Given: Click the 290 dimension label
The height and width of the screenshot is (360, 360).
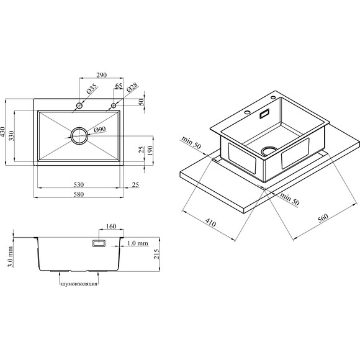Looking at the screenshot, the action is pyautogui.click(x=101, y=75).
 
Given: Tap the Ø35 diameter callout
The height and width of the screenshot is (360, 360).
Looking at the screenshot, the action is pyautogui.click(x=92, y=89).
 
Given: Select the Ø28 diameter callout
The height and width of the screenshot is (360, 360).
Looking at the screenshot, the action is pyautogui.click(x=132, y=88).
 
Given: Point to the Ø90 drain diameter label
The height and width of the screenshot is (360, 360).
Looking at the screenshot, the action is pyautogui.click(x=100, y=130).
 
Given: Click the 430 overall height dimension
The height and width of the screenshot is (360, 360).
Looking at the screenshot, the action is pyautogui.click(x=2, y=132).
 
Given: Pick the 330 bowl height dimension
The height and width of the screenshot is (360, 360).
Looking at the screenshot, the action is pyautogui.click(x=11, y=136).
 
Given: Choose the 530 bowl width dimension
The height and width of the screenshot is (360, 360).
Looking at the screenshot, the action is pyautogui.click(x=79, y=184).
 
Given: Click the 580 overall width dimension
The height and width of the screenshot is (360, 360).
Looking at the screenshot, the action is pyautogui.click(x=79, y=194).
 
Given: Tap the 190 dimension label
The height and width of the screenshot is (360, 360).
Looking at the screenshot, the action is pyautogui.click(x=150, y=150).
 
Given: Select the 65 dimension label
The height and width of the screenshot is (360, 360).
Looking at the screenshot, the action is pyautogui.click(x=119, y=86).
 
